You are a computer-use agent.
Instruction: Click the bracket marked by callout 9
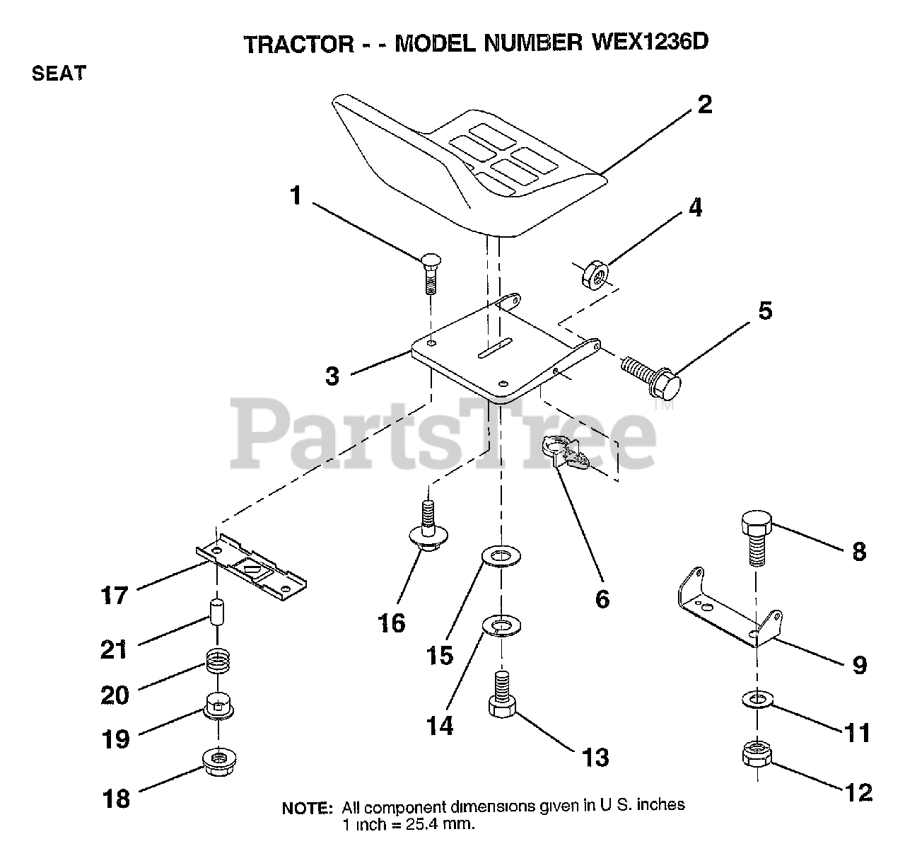click(x=725, y=608)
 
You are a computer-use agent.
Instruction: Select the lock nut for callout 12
click(x=757, y=753)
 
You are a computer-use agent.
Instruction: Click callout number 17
click(x=115, y=596)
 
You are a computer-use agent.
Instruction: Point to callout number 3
click(x=332, y=375)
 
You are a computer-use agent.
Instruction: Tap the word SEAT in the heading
click(x=59, y=74)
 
